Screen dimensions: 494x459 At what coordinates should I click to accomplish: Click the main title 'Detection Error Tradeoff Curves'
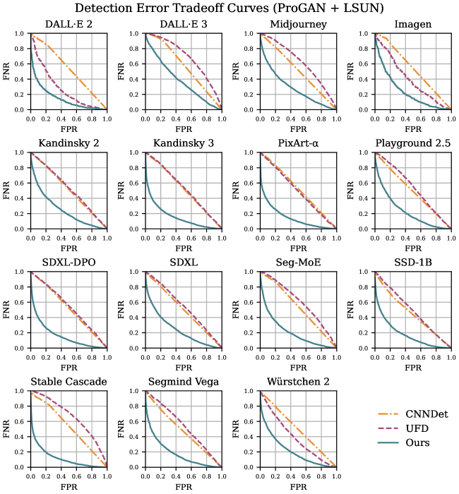click(x=229, y=8)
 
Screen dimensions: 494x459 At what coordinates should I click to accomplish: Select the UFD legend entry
click(x=416, y=428)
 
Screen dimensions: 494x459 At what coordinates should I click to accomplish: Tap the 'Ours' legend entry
click(x=417, y=443)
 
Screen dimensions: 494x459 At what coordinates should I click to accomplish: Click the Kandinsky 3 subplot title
click(x=184, y=145)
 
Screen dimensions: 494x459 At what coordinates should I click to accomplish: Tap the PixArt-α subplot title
click(x=298, y=145)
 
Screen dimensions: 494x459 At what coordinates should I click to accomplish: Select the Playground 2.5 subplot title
click(x=413, y=145)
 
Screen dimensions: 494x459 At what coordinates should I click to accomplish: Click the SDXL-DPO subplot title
click(x=68, y=264)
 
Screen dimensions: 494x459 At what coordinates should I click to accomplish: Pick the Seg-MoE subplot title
click(x=298, y=264)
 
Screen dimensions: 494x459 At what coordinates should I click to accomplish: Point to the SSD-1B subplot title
click(x=413, y=264)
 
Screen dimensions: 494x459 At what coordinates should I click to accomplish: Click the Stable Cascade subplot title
click(x=68, y=382)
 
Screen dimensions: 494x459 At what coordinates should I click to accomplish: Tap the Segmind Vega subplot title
click(x=184, y=382)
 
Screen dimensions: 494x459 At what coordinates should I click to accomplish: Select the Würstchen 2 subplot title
click(x=298, y=382)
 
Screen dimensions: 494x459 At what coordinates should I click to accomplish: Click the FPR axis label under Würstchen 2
click(x=298, y=487)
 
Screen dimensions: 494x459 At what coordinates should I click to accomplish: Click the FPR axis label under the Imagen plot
click(x=413, y=131)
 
